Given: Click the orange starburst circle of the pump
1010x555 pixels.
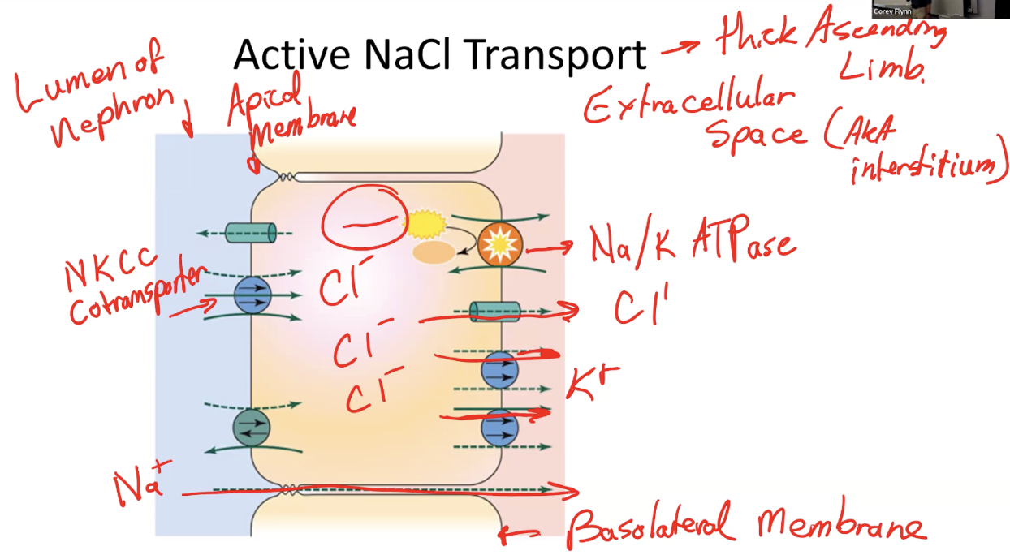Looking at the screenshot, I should pyautogui.click(x=496, y=241).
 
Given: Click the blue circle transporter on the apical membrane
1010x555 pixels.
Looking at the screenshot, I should pyautogui.click(x=251, y=295).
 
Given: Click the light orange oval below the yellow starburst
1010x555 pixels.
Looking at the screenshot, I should pyautogui.click(x=434, y=252).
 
